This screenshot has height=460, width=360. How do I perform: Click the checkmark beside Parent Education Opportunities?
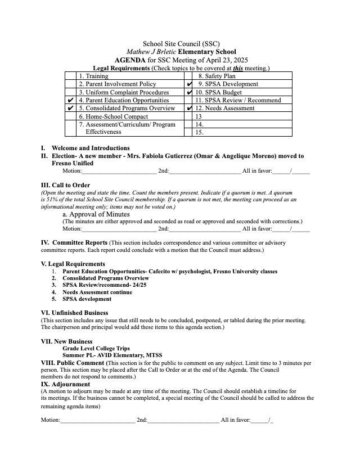click(x=70, y=100)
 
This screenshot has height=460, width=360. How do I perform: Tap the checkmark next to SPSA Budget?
click(x=189, y=92)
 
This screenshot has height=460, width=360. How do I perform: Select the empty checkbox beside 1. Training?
click(x=70, y=76)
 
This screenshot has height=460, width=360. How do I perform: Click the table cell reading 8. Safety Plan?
click(x=217, y=76)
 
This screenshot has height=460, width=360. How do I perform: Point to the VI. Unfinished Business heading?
click(x=75, y=313)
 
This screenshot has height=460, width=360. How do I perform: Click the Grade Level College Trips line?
click(x=96, y=349)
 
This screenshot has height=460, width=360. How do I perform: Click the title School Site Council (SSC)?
click(x=181, y=43)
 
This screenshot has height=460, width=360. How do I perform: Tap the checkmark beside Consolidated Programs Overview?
click(x=70, y=108)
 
